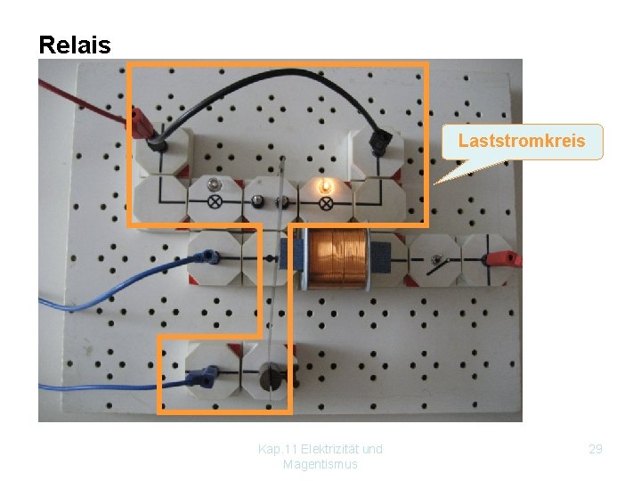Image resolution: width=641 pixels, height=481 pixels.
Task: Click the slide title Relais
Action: tap(75, 45)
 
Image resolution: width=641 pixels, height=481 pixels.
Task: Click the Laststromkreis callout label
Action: tap(522, 141)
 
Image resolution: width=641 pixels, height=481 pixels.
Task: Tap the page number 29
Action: tap(596, 449)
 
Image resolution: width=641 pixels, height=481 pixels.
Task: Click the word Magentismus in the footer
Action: tap(320, 464)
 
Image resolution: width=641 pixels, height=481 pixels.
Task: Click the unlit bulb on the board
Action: tap(214, 184)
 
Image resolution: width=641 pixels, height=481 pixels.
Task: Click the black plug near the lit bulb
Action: tap(382, 140)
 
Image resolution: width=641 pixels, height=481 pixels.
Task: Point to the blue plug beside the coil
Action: tap(210, 257)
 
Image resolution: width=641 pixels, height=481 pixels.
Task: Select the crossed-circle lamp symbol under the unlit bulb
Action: tap(214, 202)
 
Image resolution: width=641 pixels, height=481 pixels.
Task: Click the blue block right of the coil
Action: tap(380, 258)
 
